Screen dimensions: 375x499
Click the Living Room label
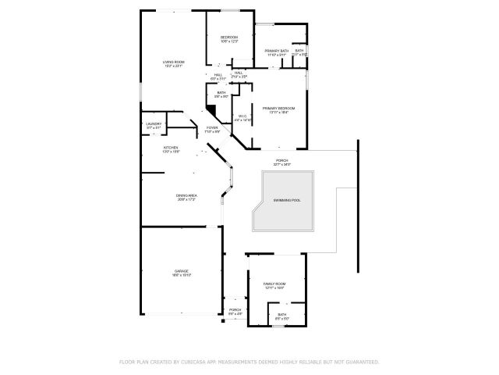[173, 62]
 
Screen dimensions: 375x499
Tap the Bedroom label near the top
[228, 37]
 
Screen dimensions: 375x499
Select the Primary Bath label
[277, 51]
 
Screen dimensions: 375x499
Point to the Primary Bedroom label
[279, 108]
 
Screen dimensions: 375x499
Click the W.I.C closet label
[242, 116]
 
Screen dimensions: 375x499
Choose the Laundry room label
[154, 123]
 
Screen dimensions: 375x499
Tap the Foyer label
[212, 127]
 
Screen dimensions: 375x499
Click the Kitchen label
[170, 147]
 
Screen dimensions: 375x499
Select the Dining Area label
[185, 195]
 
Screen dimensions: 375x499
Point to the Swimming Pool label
[286, 200]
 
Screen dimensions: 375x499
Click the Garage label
[182, 270]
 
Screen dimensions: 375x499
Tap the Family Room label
[274, 284]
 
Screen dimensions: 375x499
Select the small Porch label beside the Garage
[234, 309]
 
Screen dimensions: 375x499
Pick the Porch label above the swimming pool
[282, 160]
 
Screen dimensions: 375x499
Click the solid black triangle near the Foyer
[211, 110]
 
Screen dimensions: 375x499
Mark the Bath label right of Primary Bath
[299, 51]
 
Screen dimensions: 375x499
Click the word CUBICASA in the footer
[190, 362]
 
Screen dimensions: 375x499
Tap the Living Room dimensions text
[173, 66]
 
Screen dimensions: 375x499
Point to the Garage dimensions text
[182, 275]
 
